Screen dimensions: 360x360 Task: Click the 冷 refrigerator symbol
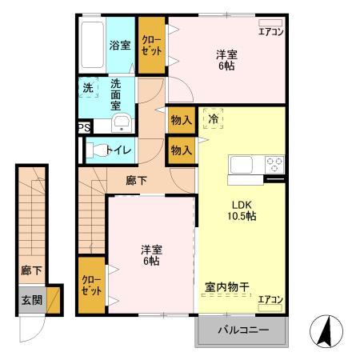tap(213, 119)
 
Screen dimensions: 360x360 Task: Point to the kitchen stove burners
tap(275, 165)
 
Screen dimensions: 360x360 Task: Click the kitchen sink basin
tap(242, 166)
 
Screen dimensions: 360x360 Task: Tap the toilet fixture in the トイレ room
tap(98, 150)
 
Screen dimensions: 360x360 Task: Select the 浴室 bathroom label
tap(119, 46)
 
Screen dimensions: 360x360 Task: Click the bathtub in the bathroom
tap(91, 45)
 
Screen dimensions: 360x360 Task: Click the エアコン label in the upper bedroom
tap(270, 33)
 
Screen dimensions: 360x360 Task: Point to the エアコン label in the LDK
tap(270, 300)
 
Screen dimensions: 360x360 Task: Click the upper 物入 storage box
tap(182, 120)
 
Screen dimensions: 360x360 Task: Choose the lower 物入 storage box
tap(182, 150)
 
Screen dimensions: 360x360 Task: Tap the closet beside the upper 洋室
tap(151, 45)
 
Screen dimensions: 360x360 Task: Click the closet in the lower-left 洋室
tap(91, 286)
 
